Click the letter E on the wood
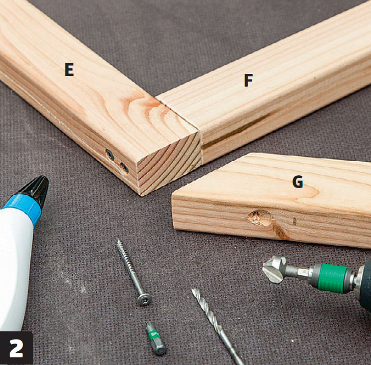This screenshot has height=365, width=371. (69, 70)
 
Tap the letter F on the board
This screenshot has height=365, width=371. (248, 80)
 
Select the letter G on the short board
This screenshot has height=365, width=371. (298, 182)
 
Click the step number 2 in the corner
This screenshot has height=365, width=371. (16, 348)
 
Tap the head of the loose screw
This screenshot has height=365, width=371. (143, 300)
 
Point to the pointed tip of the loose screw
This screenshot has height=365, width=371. (118, 240)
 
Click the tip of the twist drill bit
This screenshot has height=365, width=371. (193, 289)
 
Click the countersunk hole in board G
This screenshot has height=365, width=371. (259, 218)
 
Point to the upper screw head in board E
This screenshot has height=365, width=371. (110, 155)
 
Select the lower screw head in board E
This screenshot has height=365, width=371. (124, 168)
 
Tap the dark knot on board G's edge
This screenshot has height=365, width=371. (280, 232)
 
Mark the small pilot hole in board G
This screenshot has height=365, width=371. (295, 221)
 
